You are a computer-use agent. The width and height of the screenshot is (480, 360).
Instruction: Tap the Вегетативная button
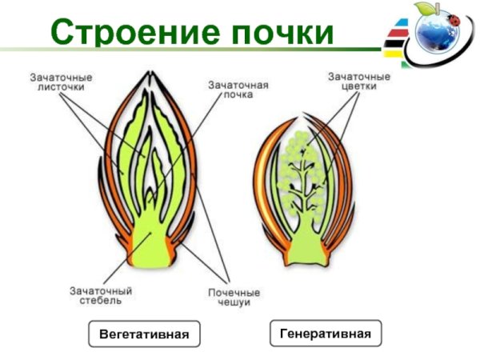tap(144, 334)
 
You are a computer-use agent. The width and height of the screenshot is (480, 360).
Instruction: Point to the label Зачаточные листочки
tap(61, 82)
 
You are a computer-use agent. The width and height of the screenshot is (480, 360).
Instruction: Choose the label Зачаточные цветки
tap(359, 82)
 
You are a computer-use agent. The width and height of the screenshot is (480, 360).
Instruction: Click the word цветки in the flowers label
tap(359, 88)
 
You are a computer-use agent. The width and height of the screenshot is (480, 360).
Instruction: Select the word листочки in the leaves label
tap(61, 88)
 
